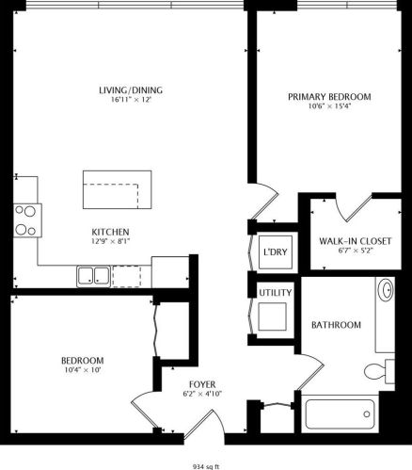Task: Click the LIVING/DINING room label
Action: tap(131, 90)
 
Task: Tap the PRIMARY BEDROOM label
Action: tap(329, 96)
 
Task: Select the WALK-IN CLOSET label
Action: tap(343, 240)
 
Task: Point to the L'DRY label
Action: tap(275, 251)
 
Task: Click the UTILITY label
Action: tap(276, 294)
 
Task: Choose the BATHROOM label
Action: tap(336, 325)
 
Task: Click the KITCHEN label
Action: tap(110, 232)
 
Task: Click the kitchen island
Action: tap(116, 191)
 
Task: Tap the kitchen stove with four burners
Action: tap(25, 219)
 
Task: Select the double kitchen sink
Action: tap(92, 276)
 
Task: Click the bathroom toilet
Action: tap(382, 368)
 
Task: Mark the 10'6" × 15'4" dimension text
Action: tap(329, 106)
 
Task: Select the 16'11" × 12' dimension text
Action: tap(131, 101)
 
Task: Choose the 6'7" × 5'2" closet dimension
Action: tap(343, 251)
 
